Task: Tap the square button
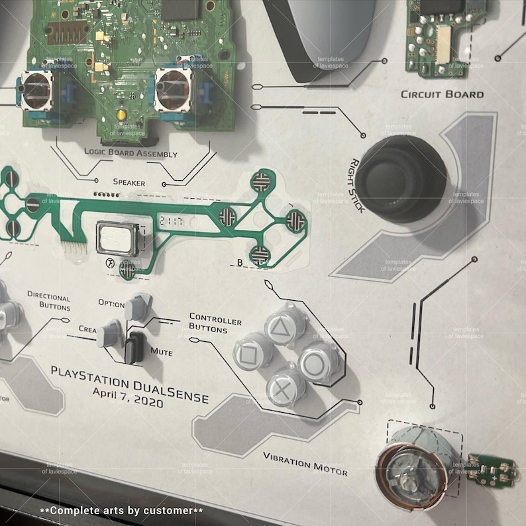click(x=250, y=353)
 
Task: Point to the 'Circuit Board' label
click(x=442, y=94)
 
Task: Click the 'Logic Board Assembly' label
click(x=131, y=153)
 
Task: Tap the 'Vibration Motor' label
click(x=305, y=463)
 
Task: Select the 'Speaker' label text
click(x=129, y=182)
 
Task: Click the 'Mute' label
click(x=161, y=352)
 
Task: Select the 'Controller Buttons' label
click(x=215, y=323)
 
